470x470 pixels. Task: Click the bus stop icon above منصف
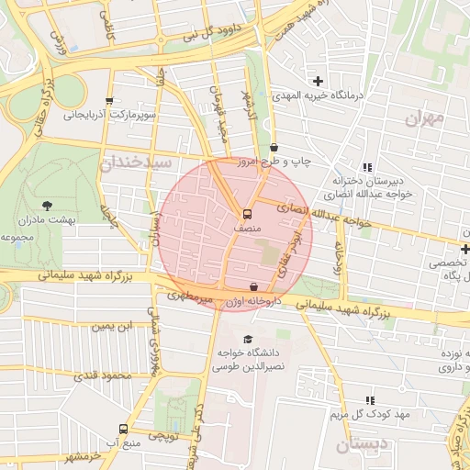(x=246, y=212)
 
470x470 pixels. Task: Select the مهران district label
(x=423, y=118)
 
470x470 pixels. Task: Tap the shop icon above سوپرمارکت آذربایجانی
(x=110, y=101)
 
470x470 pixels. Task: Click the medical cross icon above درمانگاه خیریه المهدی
(x=319, y=81)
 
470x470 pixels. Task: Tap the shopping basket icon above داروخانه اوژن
(x=253, y=286)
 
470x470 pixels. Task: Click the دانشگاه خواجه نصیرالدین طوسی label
(x=246, y=359)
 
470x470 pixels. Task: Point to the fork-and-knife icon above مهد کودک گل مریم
(x=370, y=400)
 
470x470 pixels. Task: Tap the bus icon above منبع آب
(x=123, y=429)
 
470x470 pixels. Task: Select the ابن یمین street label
(x=114, y=326)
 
